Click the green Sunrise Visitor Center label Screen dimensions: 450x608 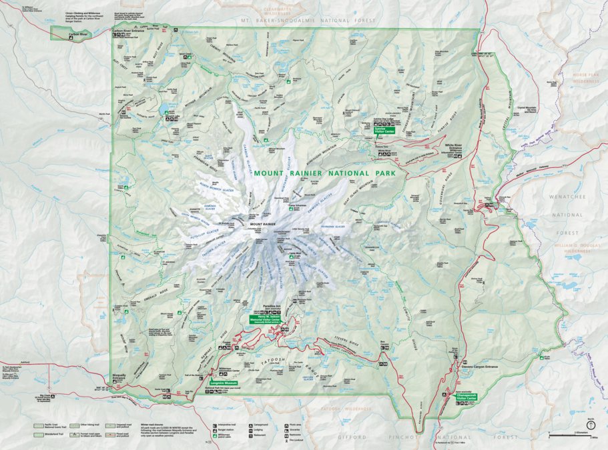[x=385, y=130]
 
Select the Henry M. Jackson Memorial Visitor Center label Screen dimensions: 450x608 [x=265, y=319]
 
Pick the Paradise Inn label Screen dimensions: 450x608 [x=273, y=307]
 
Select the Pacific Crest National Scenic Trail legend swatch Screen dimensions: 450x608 [x=41, y=424]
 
